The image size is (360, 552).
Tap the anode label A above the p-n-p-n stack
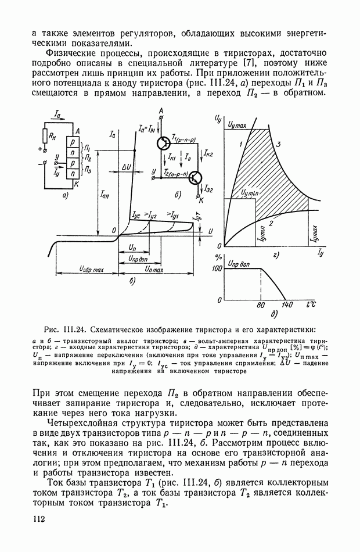(x=77, y=132)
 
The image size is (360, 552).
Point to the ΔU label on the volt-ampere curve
(x=129, y=167)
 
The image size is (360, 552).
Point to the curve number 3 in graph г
(x=279, y=143)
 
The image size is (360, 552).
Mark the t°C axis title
(x=311, y=304)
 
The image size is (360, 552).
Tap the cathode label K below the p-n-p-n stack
(x=77, y=183)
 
